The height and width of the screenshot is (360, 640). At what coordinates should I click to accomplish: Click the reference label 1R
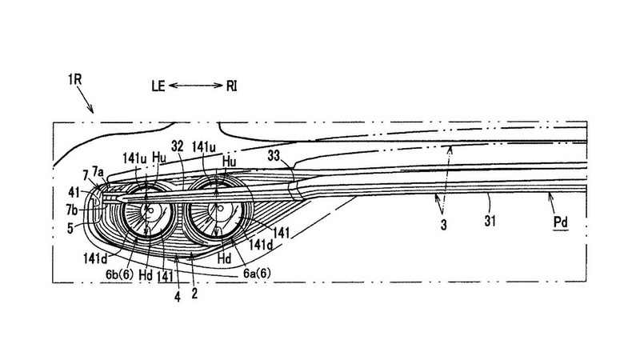[75, 79]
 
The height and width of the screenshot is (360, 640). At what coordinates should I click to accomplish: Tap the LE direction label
[158, 86]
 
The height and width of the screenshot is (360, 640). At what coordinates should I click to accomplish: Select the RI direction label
[231, 86]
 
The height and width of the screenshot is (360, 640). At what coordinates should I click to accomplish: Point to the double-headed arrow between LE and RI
[196, 86]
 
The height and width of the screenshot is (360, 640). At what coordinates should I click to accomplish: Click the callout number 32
[177, 146]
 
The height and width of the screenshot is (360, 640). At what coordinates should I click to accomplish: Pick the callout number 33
[274, 155]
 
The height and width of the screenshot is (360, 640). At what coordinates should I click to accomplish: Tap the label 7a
[98, 170]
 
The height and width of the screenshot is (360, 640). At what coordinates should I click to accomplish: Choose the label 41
[74, 192]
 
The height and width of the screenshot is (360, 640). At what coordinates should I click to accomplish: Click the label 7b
[72, 210]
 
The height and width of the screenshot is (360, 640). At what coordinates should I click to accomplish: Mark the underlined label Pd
[561, 223]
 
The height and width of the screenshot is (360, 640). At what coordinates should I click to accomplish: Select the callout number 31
[490, 221]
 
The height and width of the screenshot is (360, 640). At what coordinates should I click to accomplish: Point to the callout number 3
[444, 225]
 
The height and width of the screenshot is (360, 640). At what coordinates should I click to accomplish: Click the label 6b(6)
[119, 274]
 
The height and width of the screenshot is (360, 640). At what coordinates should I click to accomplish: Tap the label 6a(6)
[257, 273]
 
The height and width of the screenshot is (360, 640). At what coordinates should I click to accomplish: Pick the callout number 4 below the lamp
[177, 297]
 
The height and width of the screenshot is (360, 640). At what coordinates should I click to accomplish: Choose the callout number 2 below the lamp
[194, 293]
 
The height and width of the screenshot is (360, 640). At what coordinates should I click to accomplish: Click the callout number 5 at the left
[70, 228]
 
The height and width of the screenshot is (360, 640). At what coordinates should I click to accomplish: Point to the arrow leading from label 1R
[85, 99]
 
